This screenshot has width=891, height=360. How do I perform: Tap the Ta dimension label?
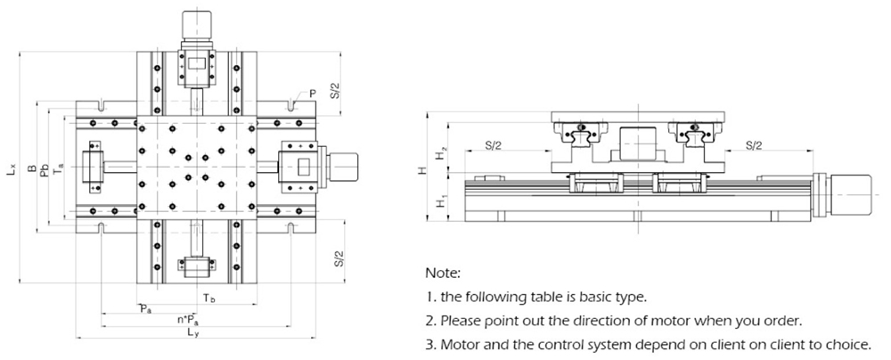(59, 167)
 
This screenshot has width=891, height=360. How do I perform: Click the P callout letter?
(313, 94)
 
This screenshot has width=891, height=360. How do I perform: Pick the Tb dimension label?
(207, 297)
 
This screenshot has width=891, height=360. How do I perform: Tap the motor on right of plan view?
(343, 166)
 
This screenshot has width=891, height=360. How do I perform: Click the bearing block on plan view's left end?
(94, 167)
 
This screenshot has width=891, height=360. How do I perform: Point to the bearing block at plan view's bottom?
(196, 266)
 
